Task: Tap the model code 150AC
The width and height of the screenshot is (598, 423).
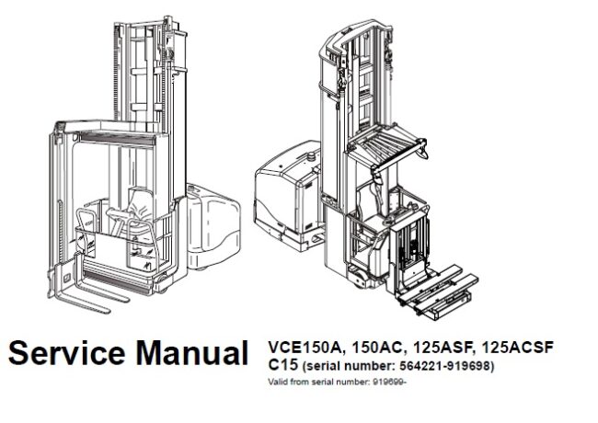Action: [x=373, y=348]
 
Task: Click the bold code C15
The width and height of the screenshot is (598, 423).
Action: [x=279, y=365]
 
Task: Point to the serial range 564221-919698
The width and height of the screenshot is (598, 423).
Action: [x=441, y=367]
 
